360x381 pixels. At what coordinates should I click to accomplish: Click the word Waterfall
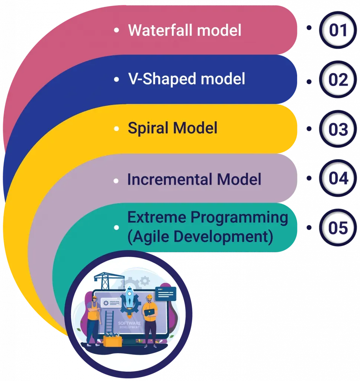[x=161, y=30]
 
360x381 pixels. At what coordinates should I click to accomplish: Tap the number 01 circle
[x=338, y=30]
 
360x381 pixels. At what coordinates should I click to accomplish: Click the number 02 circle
[x=338, y=80]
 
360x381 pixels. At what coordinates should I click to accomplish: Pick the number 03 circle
[x=338, y=129]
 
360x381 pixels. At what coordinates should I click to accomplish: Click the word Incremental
[x=170, y=179]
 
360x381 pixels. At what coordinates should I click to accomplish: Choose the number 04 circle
[x=338, y=178]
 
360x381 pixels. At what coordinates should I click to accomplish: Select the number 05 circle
[x=338, y=228]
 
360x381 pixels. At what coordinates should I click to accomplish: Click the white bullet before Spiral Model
[x=117, y=129]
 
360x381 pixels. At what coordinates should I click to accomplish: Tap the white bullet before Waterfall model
[x=117, y=29]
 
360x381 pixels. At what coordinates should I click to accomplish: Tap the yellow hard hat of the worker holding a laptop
[x=149, y=297]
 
